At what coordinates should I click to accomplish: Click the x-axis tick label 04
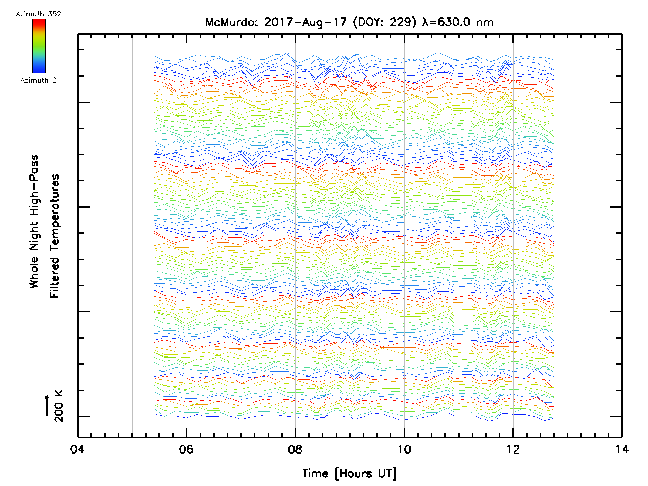click(77, 449)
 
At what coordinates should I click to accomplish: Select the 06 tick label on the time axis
click(186, 449)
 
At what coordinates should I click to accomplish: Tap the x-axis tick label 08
click(295, 449)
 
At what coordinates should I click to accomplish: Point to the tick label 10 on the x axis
click(404, 449)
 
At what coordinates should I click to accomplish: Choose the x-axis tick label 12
click(513, 449)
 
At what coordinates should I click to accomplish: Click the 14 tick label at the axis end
click(622, 449)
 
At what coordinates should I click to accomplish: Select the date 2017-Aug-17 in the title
click(306, 22)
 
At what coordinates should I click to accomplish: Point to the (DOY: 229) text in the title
click(384, 22)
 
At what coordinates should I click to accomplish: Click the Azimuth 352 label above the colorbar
click(38, 14)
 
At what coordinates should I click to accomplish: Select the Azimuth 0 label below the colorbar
click(38, 80)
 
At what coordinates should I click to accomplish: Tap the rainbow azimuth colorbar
click(39, 46)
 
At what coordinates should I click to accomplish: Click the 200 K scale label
click(59, 406)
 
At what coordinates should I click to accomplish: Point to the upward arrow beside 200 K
click(47, 406)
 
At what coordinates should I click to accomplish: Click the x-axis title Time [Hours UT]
click(349, 473)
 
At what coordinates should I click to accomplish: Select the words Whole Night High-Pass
click(34, 222)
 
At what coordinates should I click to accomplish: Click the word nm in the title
click(485, 22)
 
